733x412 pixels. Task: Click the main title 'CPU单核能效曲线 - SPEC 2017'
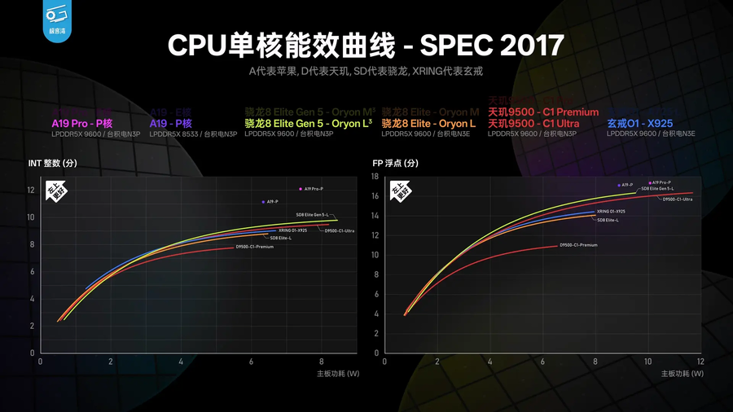pyautogui.click(x=366, y=45)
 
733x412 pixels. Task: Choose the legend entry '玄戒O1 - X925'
pyautogui.click(x=640, y=123)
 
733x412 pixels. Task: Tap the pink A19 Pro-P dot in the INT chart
pyautogui.click(x=301, y=189)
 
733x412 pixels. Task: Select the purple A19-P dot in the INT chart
pyautogui.click(x=263, y=201)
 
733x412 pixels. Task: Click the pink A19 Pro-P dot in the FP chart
pyautogui.click(x=650, y=183)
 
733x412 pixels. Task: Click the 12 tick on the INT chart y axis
pyautogui.click(x=31, y=191)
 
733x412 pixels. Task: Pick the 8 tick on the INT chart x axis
pyautogui.click(x=322, y=361)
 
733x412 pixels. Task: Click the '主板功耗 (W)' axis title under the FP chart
pyautogui.click(x=681, y=374)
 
